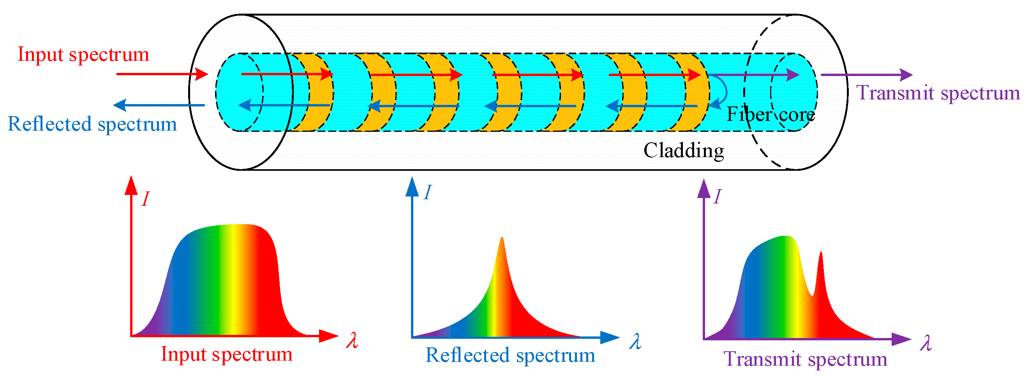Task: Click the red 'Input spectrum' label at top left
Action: pyautogui.click(x=83, y=54)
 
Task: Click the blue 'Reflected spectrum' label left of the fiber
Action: pyautogui.click(x=92, y=124)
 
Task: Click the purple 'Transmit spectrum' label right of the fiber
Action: pyautogui.click(x=938, y=93)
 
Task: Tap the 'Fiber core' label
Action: pyautogui.click(x=770, y=115)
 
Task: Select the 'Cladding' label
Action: pyautogui.click(x=684, y=150)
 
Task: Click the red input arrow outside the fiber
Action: pyautogui.click(x=162, y=74)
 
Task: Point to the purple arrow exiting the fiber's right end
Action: pyautogui.click(x=866, y=75)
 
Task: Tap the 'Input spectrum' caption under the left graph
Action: pyautogui.click(x=227, y=354)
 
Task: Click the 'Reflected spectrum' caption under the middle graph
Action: pyautogui.click(x=510, y=356)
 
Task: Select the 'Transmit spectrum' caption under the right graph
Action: pyautogui.click(x=805, y=359)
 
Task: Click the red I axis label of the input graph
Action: pyautogui.click(x=146, y=198)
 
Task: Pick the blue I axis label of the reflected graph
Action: pyautogui.click(x=427, y=193)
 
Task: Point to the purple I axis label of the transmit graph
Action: pyautogui.click(x=717, y=196)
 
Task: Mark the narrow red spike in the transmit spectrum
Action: pyautogui.click(x=820, y=256)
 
